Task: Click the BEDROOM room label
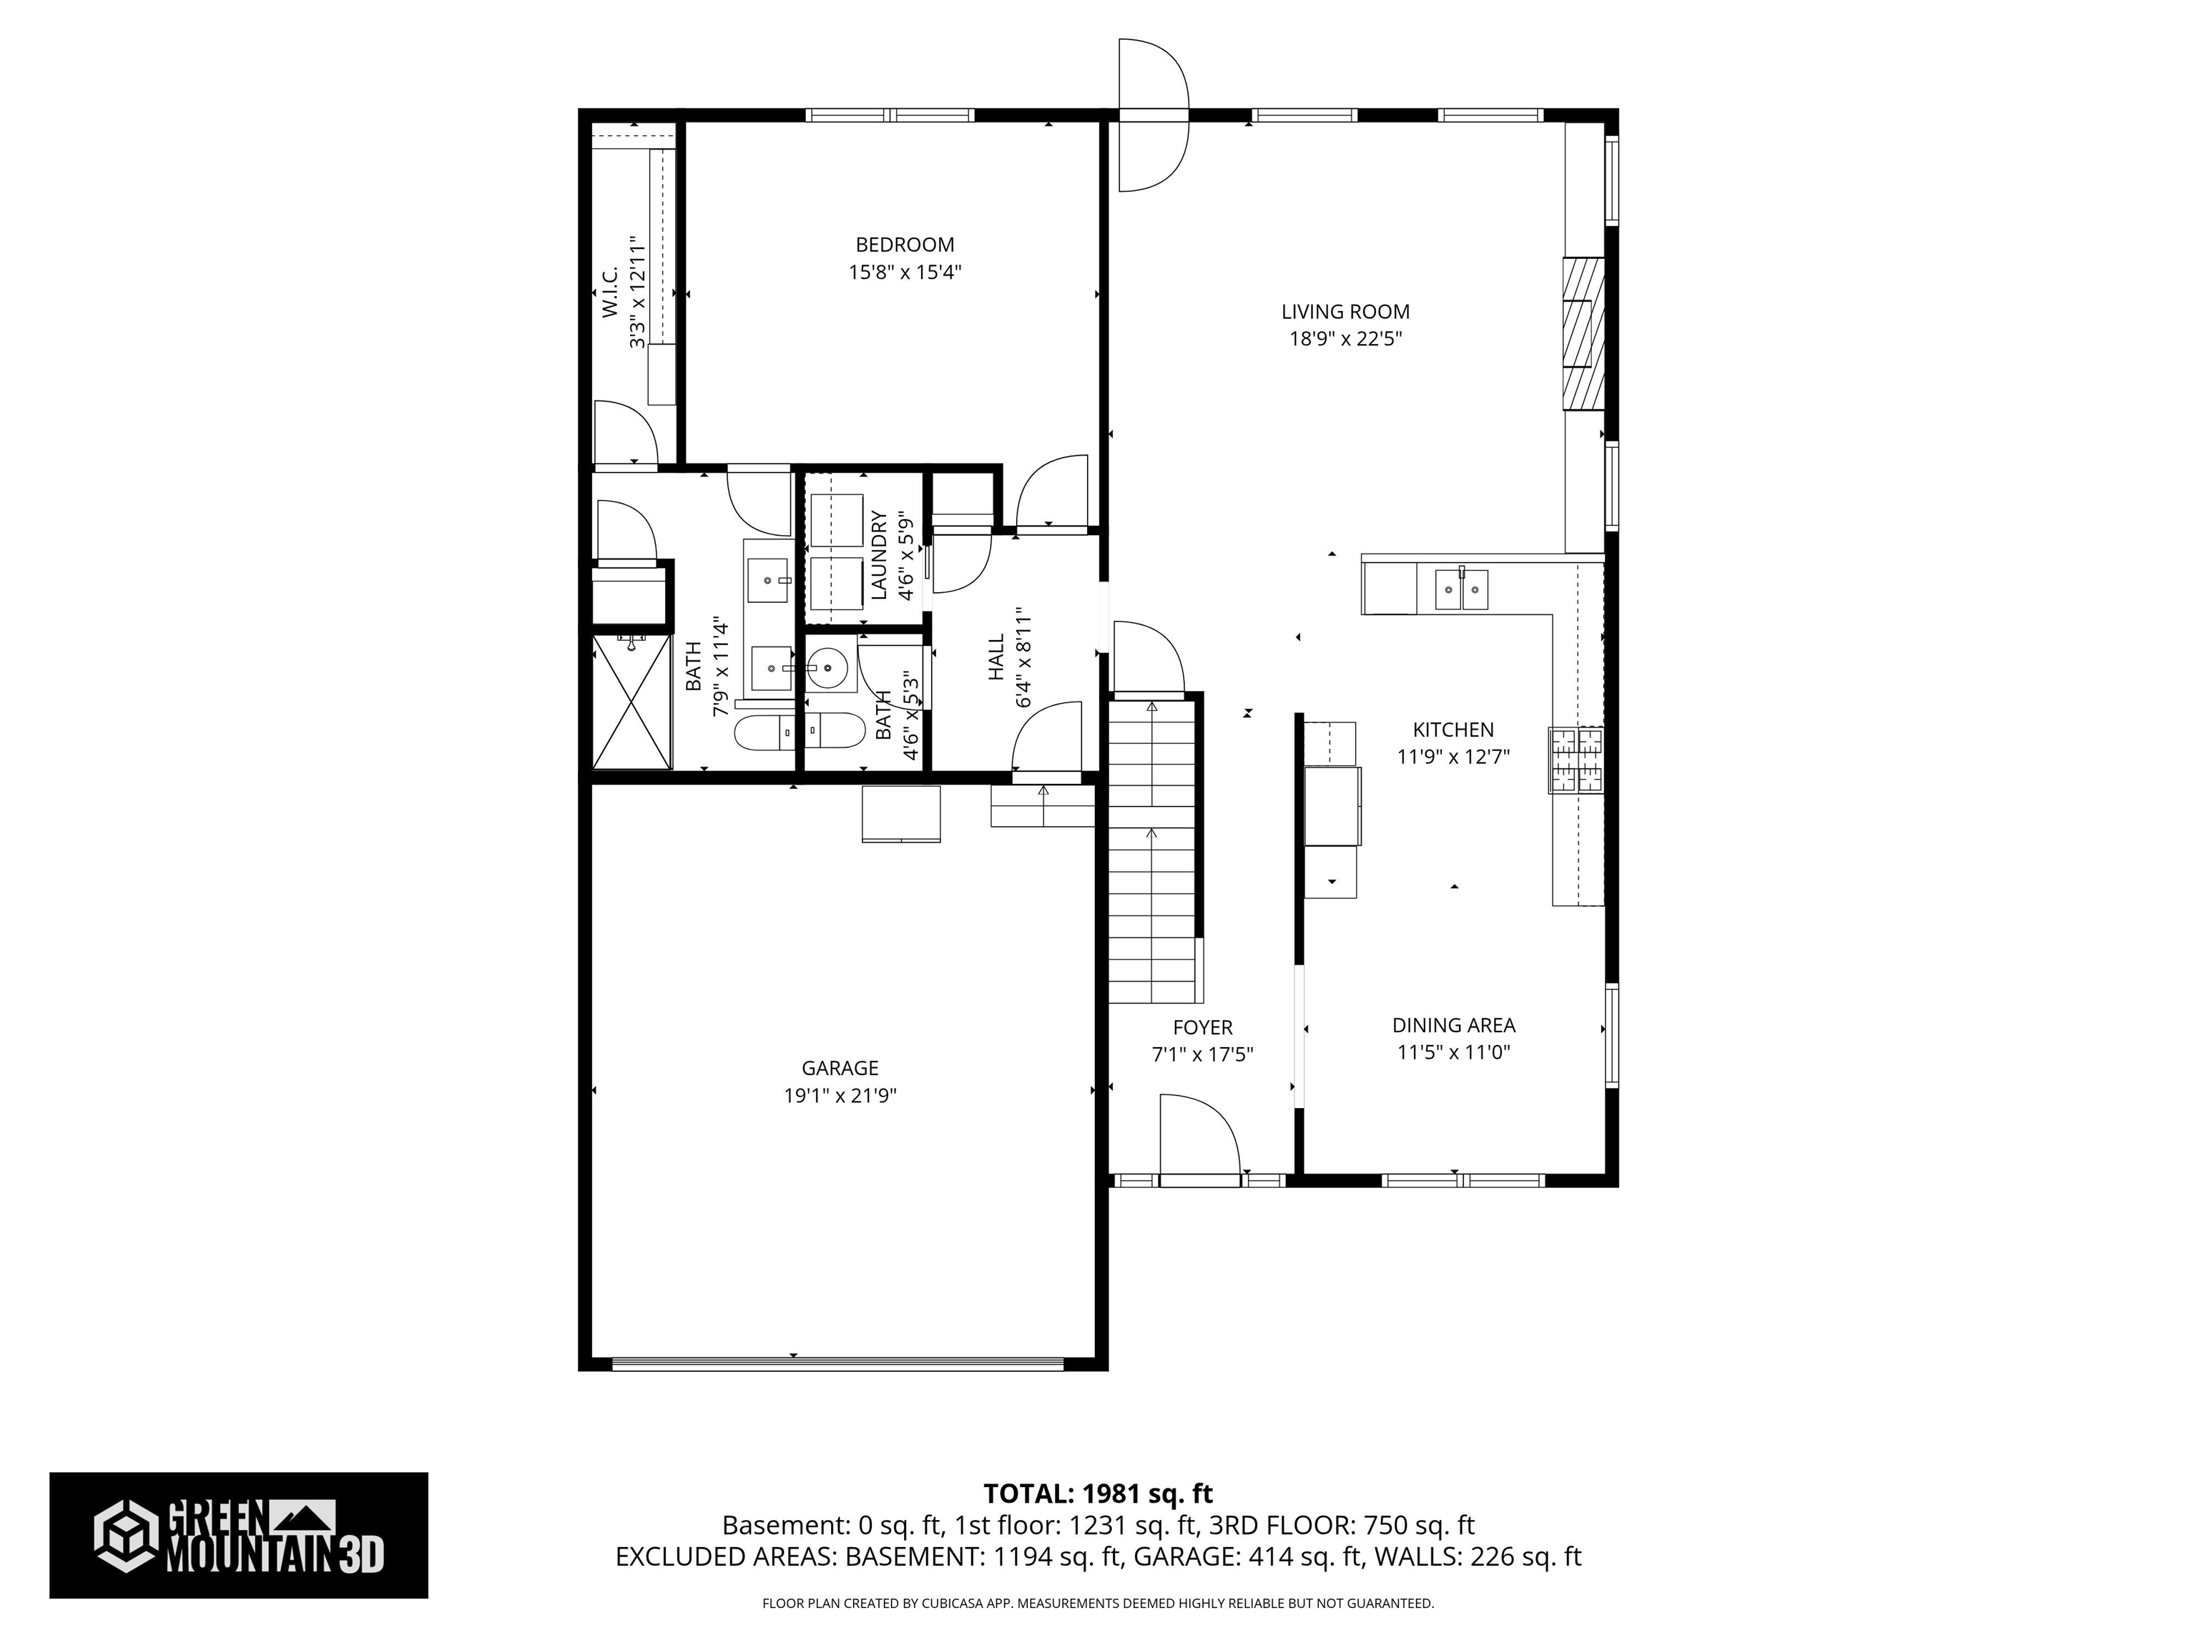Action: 904,245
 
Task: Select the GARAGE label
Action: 840,1068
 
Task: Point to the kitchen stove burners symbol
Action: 1576,760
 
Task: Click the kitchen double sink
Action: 1461,590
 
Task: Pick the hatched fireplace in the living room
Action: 1583,333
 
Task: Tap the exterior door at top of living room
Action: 1152,114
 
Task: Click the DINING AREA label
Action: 1453,1024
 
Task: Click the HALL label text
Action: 996,657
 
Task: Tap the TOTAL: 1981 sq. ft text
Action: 1098,1493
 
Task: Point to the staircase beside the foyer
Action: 1151,854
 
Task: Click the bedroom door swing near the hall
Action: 1051,493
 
